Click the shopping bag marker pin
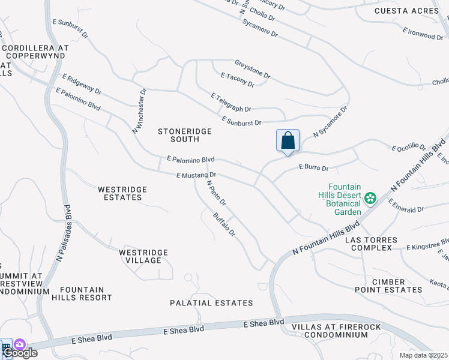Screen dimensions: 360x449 click(x=288, y=141)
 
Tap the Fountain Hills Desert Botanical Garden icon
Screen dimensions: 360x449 click(x=370, y=197)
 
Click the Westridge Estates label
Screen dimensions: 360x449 click(x=122, y=193)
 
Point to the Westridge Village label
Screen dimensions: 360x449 click(x=140, y=256)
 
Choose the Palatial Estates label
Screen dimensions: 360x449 click(x=211, y=303)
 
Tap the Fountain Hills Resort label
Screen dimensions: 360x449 click(x=82, y=293)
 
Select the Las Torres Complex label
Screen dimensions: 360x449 click(x=371, y=244)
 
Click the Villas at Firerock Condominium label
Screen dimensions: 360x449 click(x=330, y=331)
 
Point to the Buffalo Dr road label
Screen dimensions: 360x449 click(x=223, y=223)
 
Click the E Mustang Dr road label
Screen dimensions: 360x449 click(x=196, y=175)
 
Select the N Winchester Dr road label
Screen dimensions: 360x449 click(x=140, y=111)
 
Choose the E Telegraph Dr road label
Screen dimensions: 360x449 click(x=231, y=103)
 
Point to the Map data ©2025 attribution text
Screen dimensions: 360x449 click(x=423, y=355)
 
